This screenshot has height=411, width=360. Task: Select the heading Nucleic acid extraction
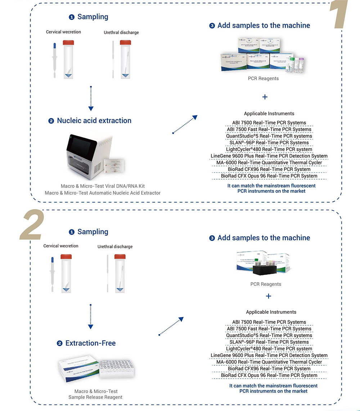click(x=94, y=121)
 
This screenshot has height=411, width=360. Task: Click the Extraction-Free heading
click(x=90, y=343)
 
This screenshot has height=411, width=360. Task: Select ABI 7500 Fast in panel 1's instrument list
click(x=269, y=129)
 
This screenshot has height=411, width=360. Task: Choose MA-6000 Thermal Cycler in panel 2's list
click(x=269, y=362)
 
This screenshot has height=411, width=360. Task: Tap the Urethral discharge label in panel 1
click(x=121, y=32)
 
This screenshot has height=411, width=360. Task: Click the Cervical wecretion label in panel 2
click(x=61, y=246)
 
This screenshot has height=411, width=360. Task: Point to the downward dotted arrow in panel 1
click(x=91, y=99)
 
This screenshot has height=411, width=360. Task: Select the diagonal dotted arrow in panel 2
click(x=171, y=326)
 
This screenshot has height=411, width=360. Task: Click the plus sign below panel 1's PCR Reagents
click(x=265, y=97)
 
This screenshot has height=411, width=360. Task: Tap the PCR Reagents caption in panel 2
click(x=266, y=284)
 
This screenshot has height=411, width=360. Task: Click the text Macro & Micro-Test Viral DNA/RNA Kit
click(x=103, y=186)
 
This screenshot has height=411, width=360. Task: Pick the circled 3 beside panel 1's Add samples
click(x=212, y=26)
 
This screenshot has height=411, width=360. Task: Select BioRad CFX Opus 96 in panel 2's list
click(x=269, y=375)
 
